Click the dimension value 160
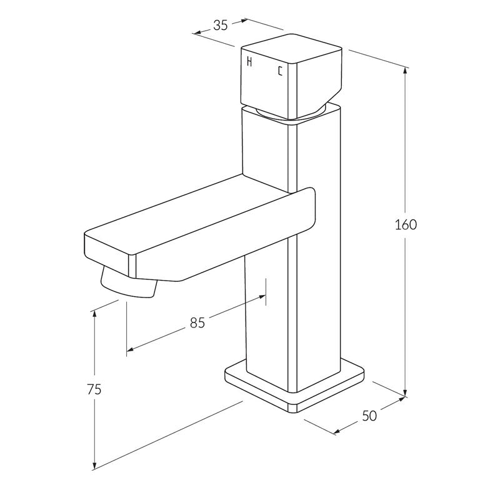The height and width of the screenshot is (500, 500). (406, 224)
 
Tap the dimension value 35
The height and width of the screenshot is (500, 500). (220, 25)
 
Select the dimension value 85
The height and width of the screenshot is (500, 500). (197, 322)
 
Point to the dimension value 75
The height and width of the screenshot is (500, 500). (94, 389)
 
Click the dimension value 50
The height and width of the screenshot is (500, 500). (369, 416)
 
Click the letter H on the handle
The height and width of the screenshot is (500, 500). (250, 62)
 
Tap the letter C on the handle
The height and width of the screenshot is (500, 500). (279, 71)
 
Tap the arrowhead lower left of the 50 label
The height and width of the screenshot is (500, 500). (338, 431)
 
